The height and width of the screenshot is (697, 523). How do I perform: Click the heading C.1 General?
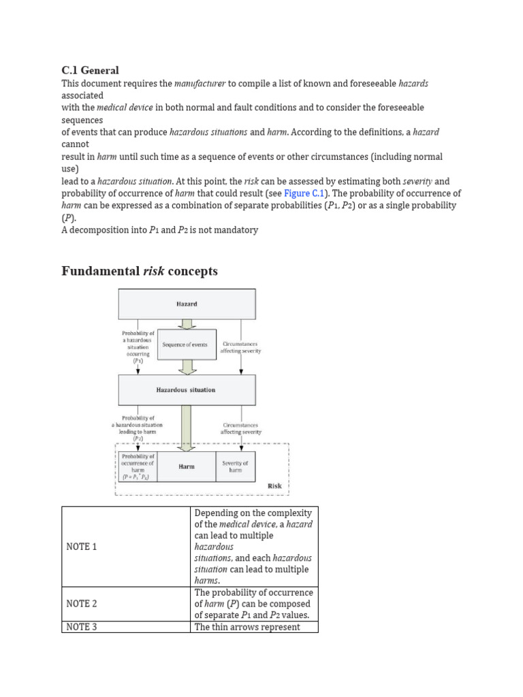click(x=90, y=70)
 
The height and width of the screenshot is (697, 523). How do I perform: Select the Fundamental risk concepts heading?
click(x=140, y=271)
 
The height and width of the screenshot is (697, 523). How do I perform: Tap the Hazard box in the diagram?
click(x=187, y=304)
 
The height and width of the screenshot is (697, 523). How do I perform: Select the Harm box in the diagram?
click(x=187, y=466)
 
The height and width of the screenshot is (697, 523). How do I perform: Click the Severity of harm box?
click(x=236, y=466)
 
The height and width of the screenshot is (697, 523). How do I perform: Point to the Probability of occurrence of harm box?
click(x=138, y=466)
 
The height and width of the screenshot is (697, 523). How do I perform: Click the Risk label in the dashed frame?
click(x=274, y=486)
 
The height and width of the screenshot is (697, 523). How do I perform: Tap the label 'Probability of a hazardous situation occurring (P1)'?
click(x=138, y=346)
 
